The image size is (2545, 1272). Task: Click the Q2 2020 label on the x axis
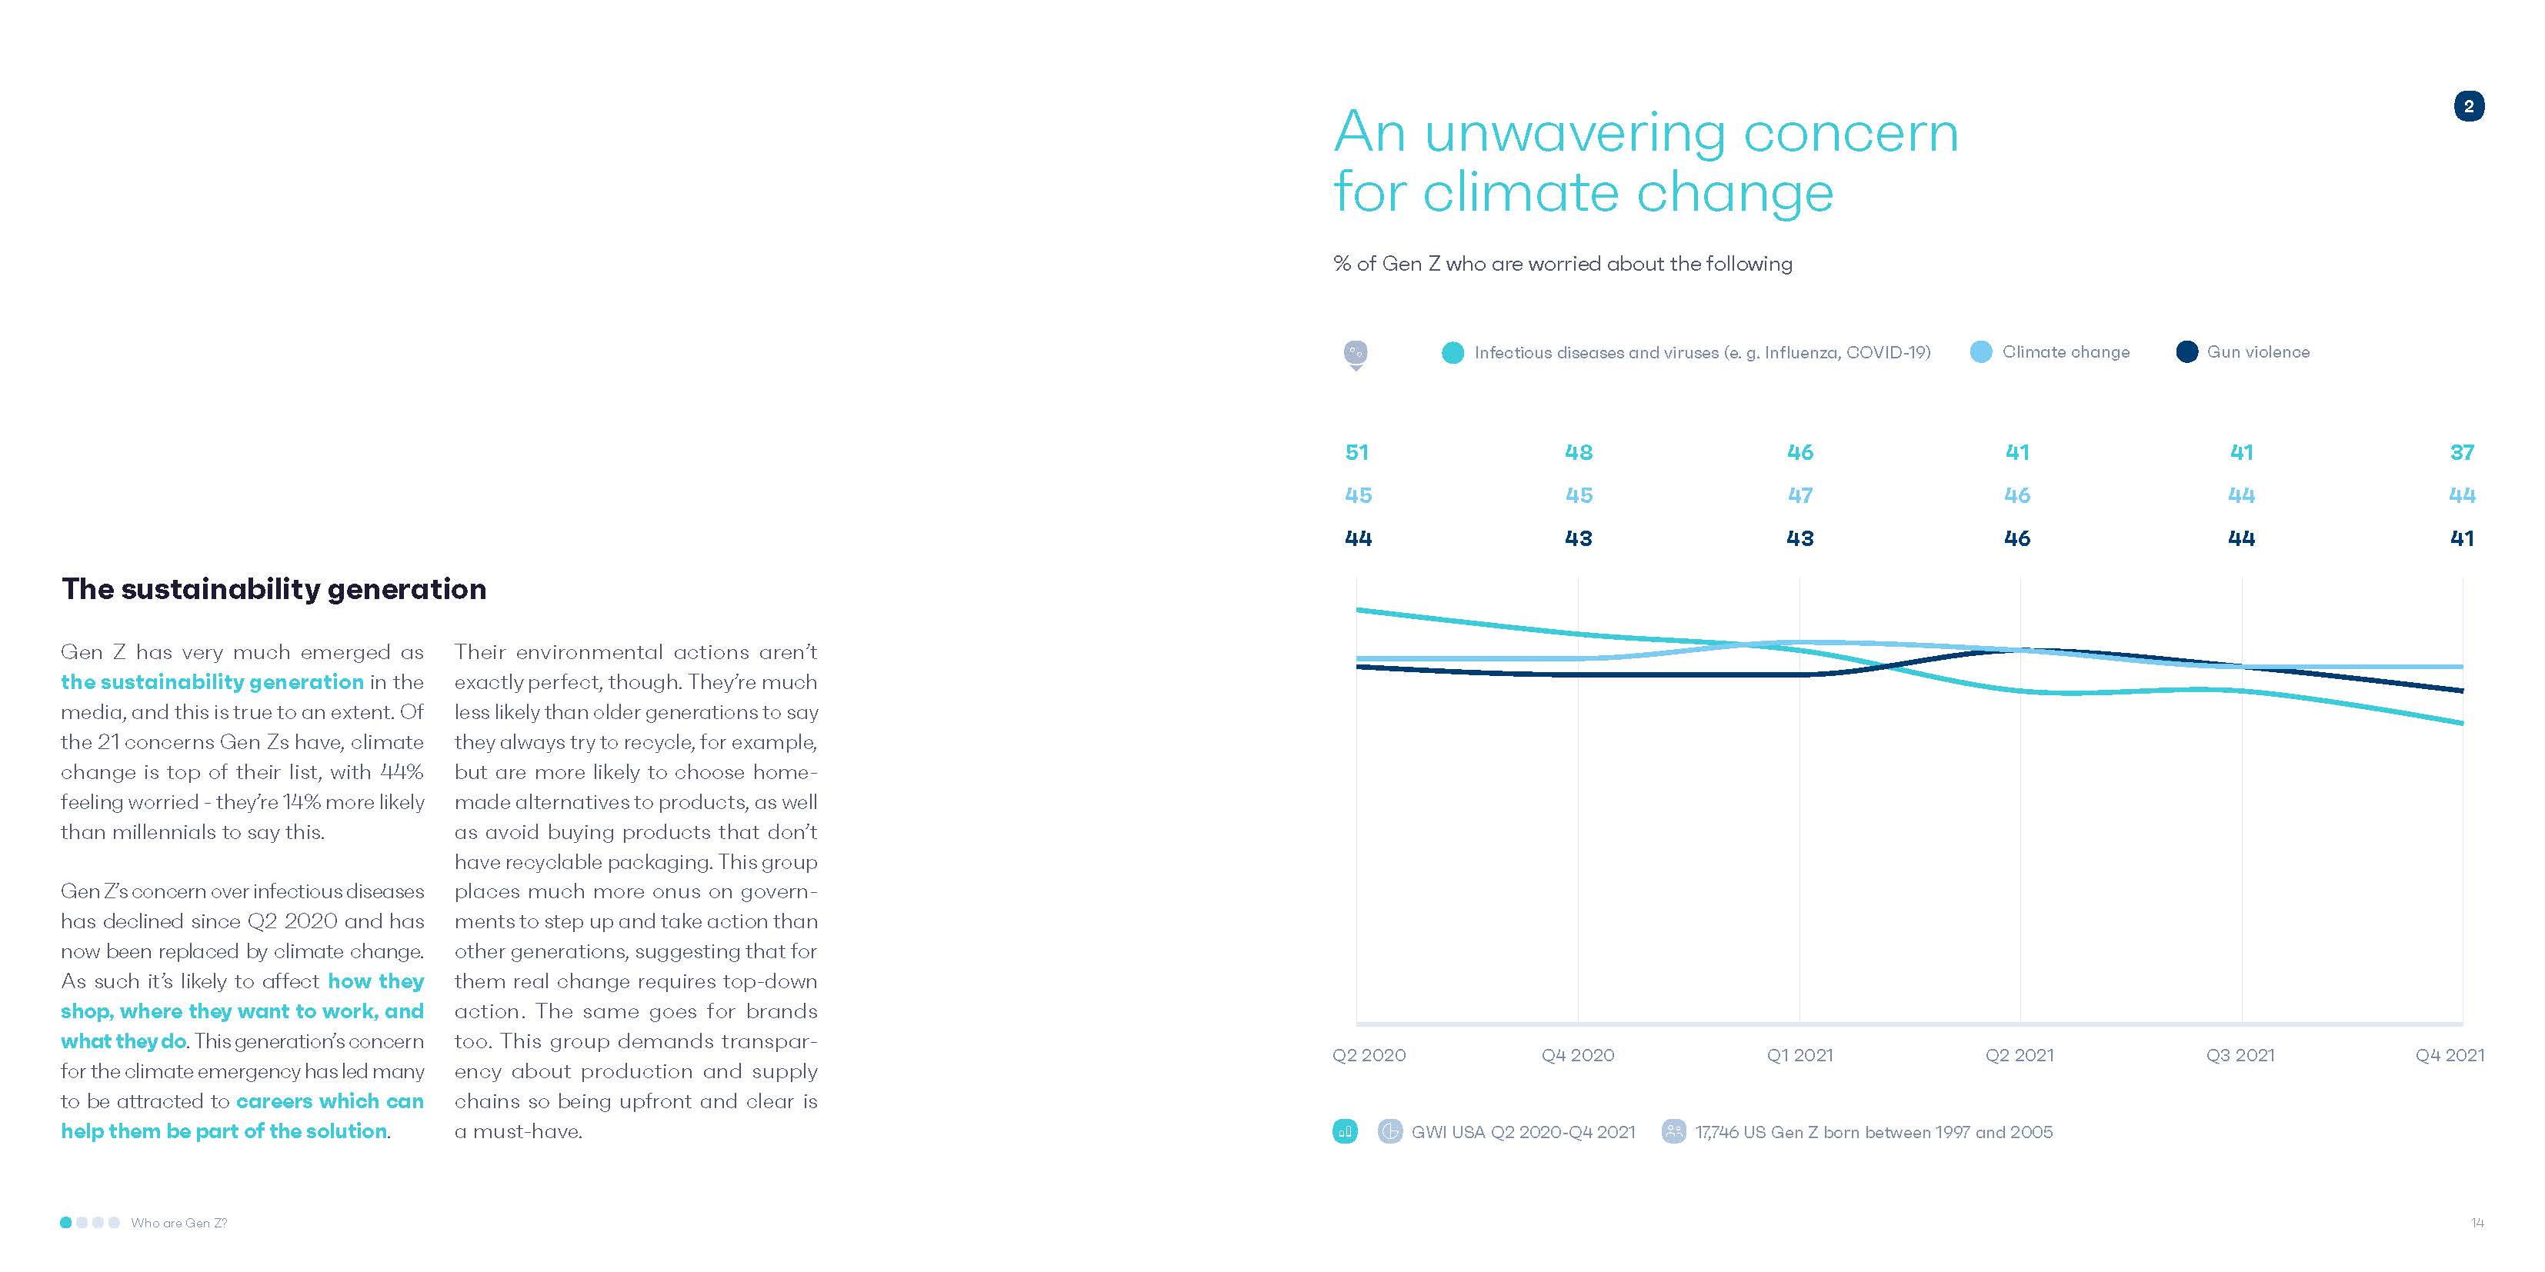[1369, 1054]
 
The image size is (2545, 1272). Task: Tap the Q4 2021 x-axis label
[2449, 1054]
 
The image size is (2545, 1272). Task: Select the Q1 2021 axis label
[1799, 1054]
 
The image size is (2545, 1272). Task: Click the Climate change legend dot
[1981, 351]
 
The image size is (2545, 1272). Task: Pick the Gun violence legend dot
[2186, 351]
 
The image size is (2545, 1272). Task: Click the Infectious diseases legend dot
[1453, 352]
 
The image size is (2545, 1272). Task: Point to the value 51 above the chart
[1356, 452]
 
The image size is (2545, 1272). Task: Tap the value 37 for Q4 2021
[2461, 452]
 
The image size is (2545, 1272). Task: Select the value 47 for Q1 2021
[1800, 494]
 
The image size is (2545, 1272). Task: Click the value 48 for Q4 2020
[1578, 452]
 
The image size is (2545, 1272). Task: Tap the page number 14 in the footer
[2477, 1223]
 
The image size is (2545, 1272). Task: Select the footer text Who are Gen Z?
[178, 1223]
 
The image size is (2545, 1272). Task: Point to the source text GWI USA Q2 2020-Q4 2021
[1523, 1132]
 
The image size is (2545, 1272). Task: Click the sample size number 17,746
[1716, 1132]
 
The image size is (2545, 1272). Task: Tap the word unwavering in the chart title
[1575, 132]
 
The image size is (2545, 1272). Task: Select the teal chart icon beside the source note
[1345, 1130]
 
